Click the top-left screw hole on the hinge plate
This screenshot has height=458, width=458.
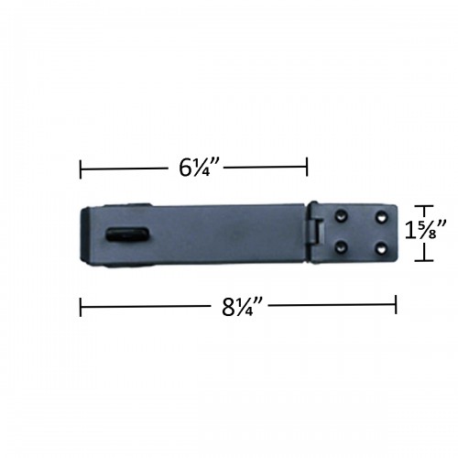coord(342,214)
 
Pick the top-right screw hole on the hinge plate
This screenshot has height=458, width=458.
coord(379,214)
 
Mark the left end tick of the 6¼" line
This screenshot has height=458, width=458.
coord(81,168)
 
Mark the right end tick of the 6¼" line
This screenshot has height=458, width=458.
coord(307,168)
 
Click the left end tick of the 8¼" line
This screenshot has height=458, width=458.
coord(81,306)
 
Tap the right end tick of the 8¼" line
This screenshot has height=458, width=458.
coord(396,306)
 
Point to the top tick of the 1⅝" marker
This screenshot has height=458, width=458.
coord(421,205)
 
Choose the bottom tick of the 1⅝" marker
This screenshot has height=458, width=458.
coord(421,260)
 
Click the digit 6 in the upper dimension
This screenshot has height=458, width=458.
coord(186,168)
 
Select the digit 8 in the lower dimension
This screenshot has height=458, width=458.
coord(229,306)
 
